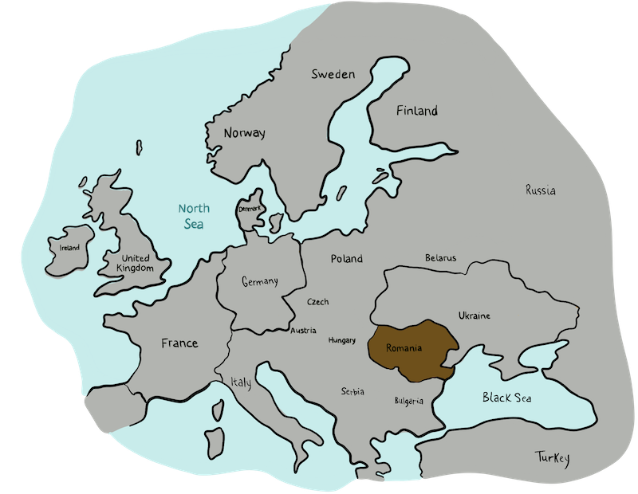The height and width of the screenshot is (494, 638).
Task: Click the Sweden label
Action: point(333,74)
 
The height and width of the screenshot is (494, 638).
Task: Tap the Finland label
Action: point(417,111)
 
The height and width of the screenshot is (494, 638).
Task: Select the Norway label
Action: point(245,133)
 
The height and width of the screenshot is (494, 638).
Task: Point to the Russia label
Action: point(541,190)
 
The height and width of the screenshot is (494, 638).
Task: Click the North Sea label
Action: point(194,217)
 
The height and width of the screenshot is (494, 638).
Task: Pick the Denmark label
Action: point(250,209)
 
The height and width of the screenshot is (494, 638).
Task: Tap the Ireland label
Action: point(69,248)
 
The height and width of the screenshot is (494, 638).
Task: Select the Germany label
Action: point(259,281)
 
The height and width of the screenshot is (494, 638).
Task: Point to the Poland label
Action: point(347,258)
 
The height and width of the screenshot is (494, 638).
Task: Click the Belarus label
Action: point(440,258)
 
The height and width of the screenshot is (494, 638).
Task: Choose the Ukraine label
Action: point(475,316)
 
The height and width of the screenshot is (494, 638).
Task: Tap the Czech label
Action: point(317,302)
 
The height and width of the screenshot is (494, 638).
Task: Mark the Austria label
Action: point(303,330)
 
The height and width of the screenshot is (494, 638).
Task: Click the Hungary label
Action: point(341,340)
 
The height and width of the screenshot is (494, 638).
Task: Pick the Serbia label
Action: point(352,391)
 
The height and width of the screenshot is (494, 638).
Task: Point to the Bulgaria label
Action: point(409,401)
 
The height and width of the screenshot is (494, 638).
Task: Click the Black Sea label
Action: point(506,398)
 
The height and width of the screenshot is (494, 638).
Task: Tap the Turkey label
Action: point(552,457)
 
